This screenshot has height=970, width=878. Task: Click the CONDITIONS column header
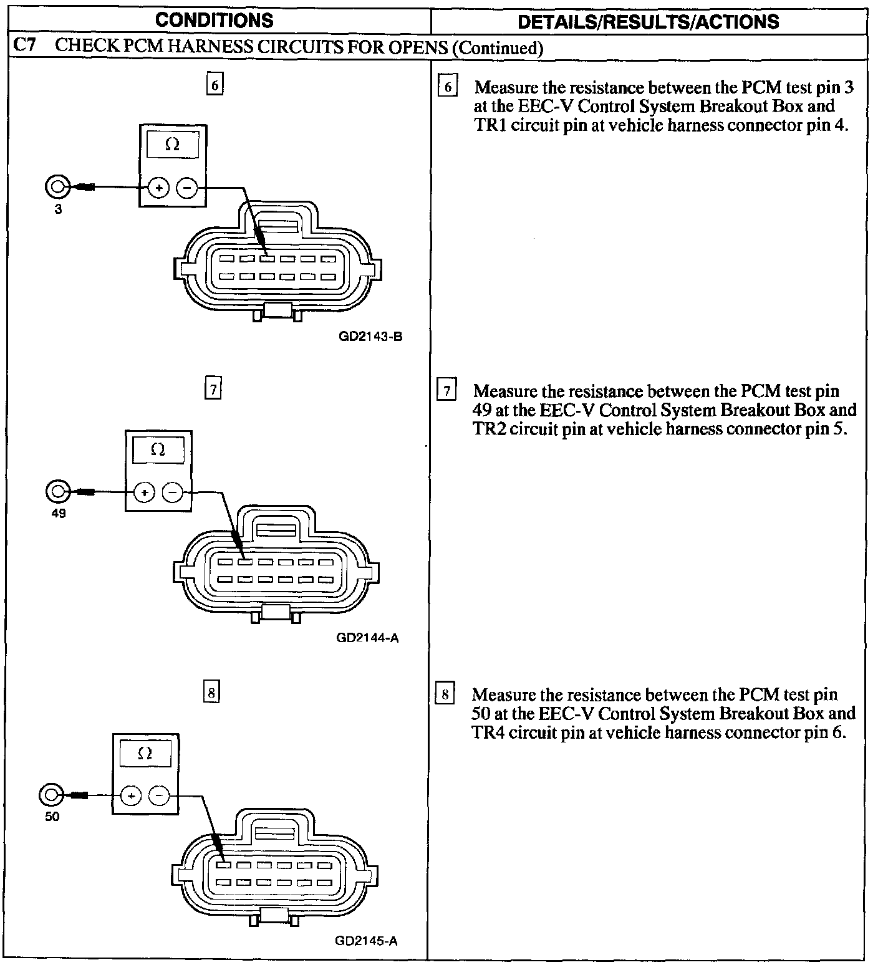(x=214, y=20)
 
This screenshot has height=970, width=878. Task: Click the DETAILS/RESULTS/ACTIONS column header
(x=648, y=22)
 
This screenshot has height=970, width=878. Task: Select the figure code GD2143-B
(x=370, y=337)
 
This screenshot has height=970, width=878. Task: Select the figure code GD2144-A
(x=367, y=638)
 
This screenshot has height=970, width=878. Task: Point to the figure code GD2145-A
(x=366, y=941)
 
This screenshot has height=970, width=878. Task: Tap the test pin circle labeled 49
(x=57, y=491)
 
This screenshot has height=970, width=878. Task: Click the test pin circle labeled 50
(x=50, y=795)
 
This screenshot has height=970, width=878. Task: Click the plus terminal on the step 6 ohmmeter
(x=159, y=187)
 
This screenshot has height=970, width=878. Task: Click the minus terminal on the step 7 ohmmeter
(x=173, y=492)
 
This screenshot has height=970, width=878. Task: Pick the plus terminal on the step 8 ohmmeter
(x=131, y=795)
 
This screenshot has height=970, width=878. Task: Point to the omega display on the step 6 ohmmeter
(x=172, y=145)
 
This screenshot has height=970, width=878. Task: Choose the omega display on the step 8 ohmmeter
(x=145, y=753)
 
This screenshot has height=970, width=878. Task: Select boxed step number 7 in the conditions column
(x=213, y=390)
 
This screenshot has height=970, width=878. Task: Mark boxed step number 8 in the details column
(x=445, y=694)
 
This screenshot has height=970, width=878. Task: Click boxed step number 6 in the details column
(x=447, y=87)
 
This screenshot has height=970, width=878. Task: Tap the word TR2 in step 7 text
(x=490, y=430)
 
